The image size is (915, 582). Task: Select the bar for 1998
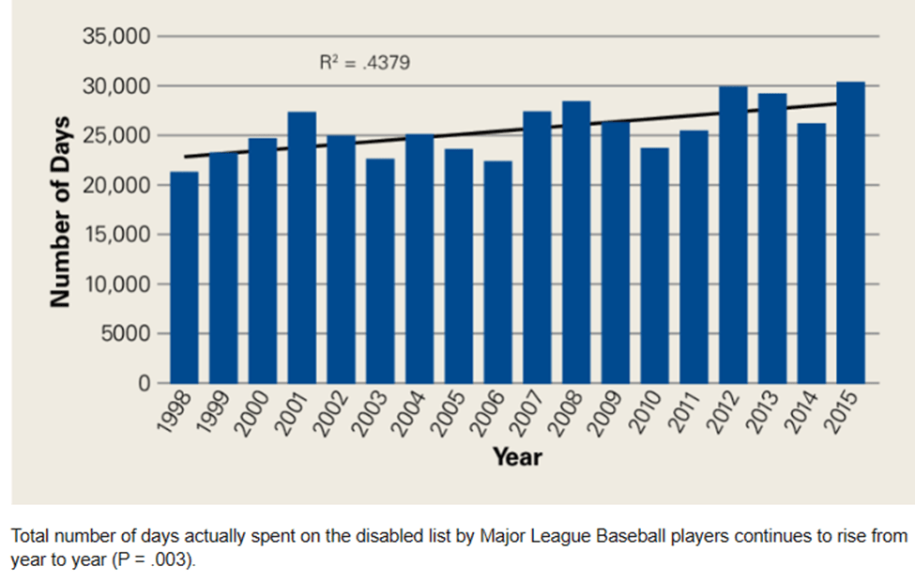185,277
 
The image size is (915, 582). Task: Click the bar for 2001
302,248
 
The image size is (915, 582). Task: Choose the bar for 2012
733,235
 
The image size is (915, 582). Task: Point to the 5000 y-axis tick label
128,333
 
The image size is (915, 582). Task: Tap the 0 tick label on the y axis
144,383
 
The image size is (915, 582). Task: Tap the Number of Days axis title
62,210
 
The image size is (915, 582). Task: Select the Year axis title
517,457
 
